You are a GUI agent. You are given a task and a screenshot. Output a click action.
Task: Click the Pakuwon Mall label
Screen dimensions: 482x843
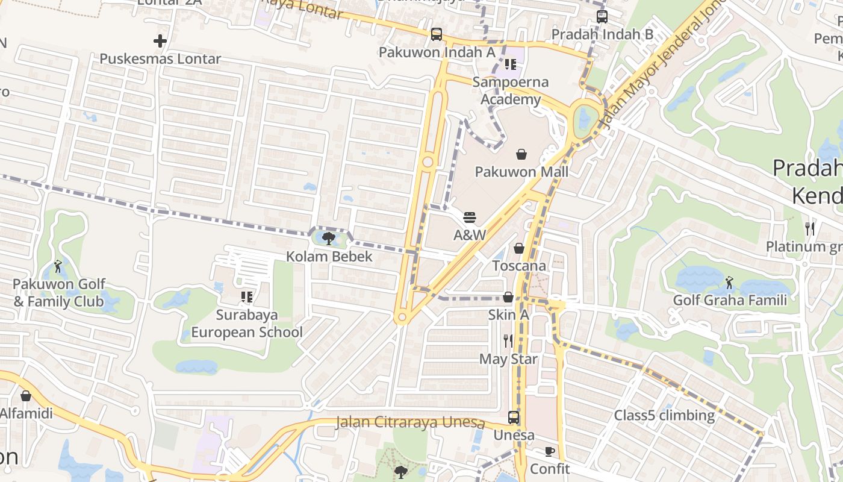click(x=521, y=172)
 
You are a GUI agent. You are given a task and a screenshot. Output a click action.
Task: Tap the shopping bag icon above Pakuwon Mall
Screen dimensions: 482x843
click(x=521, y=154)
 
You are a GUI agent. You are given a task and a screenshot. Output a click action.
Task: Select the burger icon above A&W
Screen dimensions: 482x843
click(x=470, y=218)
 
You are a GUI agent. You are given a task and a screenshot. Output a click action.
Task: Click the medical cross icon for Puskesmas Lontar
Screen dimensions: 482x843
click(x=160, y=41)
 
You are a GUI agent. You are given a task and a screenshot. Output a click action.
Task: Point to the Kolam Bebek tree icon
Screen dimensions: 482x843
click(x=329, y=239)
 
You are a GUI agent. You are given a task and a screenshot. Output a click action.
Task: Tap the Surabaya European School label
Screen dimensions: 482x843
click(x=247, y=324)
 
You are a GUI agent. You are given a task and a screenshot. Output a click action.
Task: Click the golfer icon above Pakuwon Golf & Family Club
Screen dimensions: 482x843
click(x=58, y=266)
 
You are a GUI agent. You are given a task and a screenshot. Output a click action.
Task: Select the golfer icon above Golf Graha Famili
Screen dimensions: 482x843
click(x=730, y=282)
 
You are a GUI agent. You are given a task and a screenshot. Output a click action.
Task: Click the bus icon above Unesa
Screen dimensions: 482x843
click(x=514, y=417)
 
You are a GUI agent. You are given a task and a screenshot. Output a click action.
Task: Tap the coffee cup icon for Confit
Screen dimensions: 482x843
click(x=550, y=451)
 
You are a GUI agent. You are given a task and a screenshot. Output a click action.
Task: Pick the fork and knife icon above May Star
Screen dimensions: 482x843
click(x=508, y=341)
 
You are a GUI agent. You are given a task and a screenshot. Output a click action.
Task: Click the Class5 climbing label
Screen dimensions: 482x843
click(x=664, y=415)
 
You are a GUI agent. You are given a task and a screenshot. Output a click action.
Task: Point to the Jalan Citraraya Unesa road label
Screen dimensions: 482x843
click(x=411, y=422)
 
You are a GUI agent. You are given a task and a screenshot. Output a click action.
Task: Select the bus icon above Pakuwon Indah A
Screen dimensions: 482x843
click(x=437, y=34)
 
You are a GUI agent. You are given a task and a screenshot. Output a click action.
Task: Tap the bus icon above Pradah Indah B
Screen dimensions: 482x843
click(x=602, y=16)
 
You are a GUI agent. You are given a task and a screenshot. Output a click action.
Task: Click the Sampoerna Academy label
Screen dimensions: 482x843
click(x=511, y=91)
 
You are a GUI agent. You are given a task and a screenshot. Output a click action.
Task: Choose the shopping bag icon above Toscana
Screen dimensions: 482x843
click(x=519, y=248)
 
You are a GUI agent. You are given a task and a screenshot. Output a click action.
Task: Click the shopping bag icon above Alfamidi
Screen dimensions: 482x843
click(x=26, y=396)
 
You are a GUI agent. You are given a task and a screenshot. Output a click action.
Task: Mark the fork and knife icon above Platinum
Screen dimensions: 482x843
click(x=810, y=229)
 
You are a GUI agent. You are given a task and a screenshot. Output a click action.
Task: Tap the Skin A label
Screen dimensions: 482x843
click(x=508, y=315)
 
